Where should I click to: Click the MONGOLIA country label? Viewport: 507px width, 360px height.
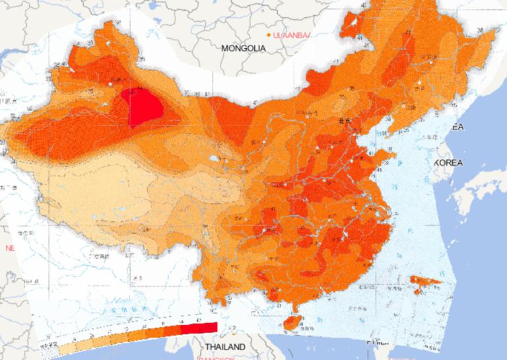click(x=243, y=48)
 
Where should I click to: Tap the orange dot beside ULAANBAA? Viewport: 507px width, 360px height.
click(x=268, y=34)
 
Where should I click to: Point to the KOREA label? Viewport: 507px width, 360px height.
click(x=448, y=162)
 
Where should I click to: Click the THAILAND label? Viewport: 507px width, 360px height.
click(x=224, y=347)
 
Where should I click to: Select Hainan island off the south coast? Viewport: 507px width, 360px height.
click(x=290, y=321)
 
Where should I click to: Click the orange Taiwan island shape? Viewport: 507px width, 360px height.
click(x=426, y=282)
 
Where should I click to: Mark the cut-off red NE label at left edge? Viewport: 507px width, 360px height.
click(x=9, y=248)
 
